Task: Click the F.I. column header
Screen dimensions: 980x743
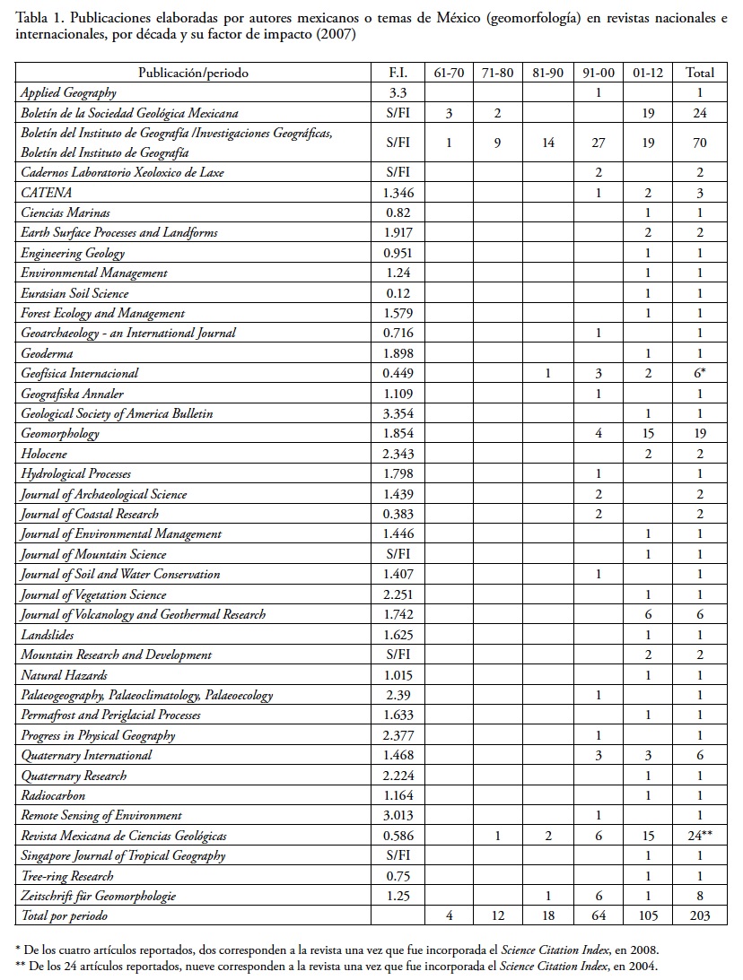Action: click(398, 73)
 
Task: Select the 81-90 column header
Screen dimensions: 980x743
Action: click(547, 73)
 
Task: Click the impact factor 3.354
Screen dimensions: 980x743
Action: click(398, 414)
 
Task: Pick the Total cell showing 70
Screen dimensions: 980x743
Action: click(699, 142)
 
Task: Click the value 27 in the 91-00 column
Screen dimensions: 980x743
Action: click(598, 142)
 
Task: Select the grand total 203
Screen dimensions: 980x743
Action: click(699, 915)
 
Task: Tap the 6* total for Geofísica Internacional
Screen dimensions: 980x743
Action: click(699, 374)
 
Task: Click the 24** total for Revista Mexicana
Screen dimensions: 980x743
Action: click(699, 836)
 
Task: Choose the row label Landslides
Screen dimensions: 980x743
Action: click(49, 635)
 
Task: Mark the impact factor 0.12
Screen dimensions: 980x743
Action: click(398, 293)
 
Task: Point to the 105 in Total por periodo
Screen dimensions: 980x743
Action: click(647, 915)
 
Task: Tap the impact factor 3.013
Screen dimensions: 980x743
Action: click(398, 816)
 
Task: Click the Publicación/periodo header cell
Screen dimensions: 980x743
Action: click(193, 73)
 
